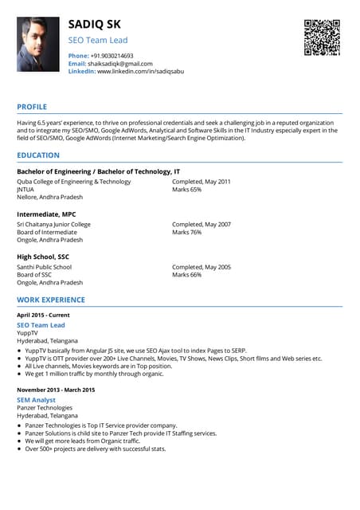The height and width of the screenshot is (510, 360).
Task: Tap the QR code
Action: [x=322, y=37]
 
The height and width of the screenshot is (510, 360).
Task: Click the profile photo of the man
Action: [x=38, y=45]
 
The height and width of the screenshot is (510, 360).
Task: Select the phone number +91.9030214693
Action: [x=112, y=55]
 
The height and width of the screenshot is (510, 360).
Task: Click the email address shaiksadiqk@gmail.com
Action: [x=119, y=63]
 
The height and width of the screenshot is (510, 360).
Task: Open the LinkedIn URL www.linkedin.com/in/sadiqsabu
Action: [x=140, y=71]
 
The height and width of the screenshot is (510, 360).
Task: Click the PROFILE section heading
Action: [x=32, y=107]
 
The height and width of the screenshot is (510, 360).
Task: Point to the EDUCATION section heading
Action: [x=38, y=155]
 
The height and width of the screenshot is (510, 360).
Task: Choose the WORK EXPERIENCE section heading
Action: [x=51, y=300]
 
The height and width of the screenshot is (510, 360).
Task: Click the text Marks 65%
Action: [x=186, y=190]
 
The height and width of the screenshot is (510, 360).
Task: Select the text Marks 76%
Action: [x=186, y=232]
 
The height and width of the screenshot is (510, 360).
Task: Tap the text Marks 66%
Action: [x=186, y=275]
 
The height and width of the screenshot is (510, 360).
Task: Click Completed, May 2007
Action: [x=202, y=224]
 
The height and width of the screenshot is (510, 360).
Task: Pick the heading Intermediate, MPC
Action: [x=46, y=214]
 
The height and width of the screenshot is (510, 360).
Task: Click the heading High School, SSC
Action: [x=43, y=257]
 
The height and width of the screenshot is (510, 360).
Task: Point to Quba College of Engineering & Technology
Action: [x=73, y=182]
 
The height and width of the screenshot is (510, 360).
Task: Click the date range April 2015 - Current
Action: [x=43, y=316]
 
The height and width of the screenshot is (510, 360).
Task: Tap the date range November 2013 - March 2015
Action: [x=56, y=389]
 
